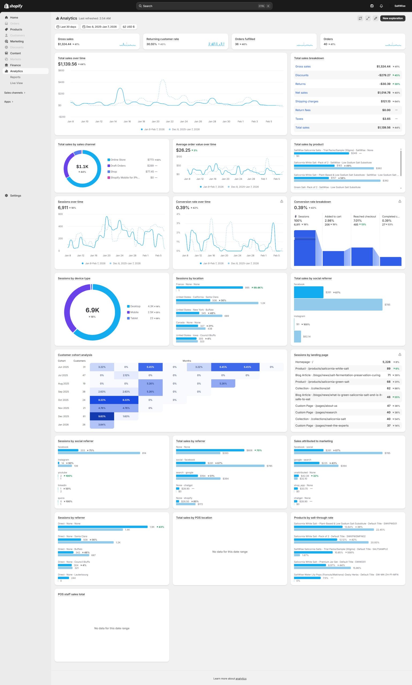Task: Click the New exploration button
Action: coord(392,18)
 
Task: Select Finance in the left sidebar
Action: coord(15,65)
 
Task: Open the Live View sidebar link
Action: coord(16,83)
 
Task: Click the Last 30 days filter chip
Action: coord(66,27)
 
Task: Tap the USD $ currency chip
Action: coord(129,27)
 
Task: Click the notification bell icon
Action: coord(381,6)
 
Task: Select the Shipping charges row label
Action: coord(306,101)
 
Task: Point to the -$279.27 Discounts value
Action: coord(384,75)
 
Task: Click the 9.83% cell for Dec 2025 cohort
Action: coord(102,416)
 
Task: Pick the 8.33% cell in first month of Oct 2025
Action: coord(102,400)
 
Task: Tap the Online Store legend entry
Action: coord(118,160)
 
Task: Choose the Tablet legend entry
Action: coord(134,318)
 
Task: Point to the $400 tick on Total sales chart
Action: coord(61,82)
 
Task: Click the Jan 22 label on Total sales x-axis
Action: coord(170,121)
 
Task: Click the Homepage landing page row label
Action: coord(304,362)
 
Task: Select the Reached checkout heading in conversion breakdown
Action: coord(364,216)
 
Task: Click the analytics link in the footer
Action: coord(241,679)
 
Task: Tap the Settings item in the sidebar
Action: coord(16,196)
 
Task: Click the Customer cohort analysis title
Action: coord(75,355)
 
